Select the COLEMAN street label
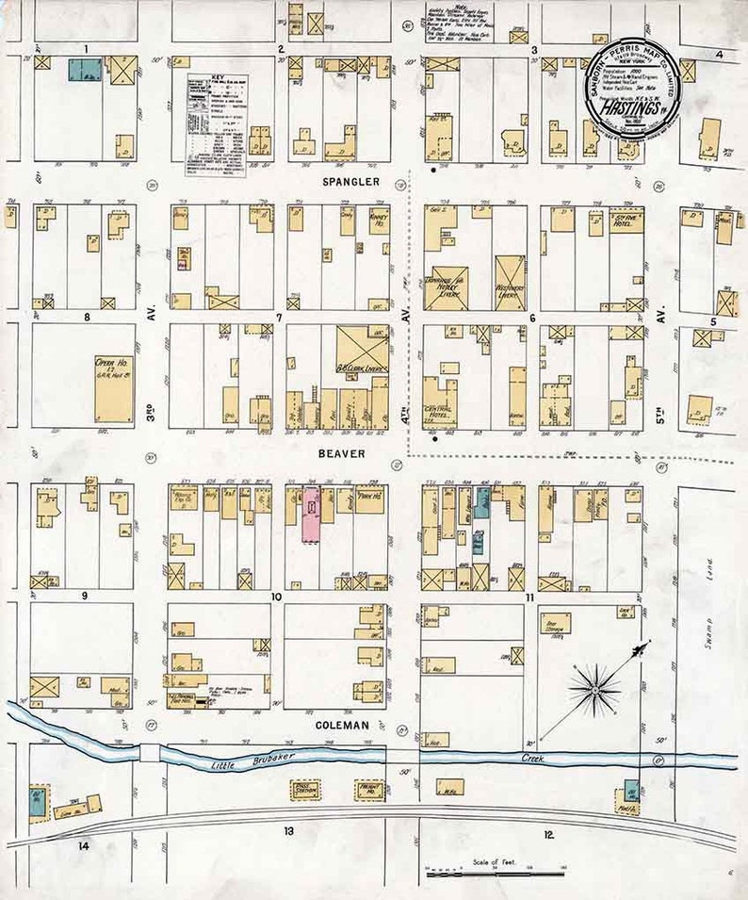(x=338, y=725)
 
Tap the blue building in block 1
(x=85, y=69)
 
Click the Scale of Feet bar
(x=494, y=872)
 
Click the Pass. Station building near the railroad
(x=307, y=789)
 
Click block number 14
(x=84, y=846)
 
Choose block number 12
(x=548, y=834)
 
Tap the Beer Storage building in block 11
(x=558, y=625)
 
